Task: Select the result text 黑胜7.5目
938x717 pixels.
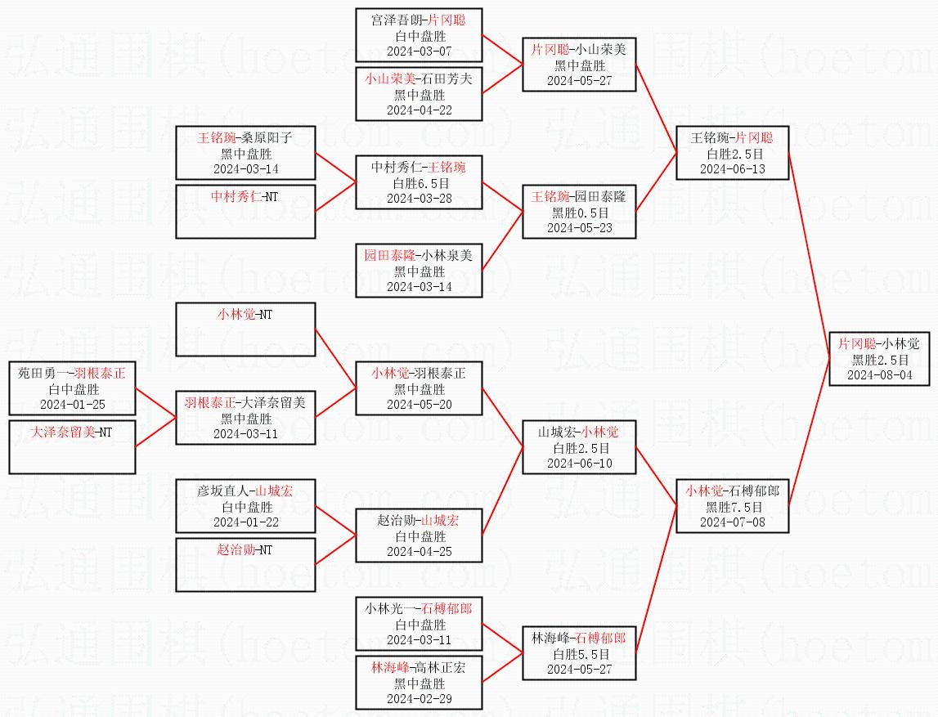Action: click(734, 507)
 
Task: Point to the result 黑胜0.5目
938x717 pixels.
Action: click(580, 213)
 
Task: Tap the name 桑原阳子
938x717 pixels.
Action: click(269, 138)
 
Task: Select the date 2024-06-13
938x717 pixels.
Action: click(733, 168)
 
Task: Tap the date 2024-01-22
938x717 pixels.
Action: click(245, 522)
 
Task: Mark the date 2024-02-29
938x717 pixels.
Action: click(420, 698)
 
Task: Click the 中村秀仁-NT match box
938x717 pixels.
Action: click(245, 211)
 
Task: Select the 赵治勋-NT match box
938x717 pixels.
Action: click(245, 564)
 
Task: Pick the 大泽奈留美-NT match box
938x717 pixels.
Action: click(72, 446)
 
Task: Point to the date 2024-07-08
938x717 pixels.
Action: click(733, 522)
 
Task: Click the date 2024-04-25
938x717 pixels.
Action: click(420, 551)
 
